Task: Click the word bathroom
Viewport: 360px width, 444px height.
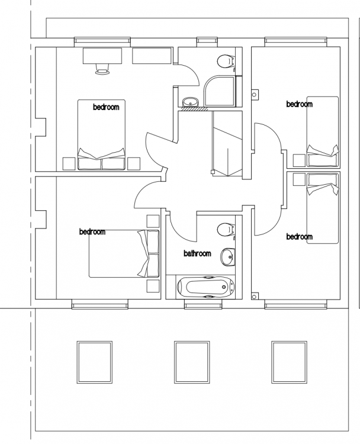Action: click(197, 253)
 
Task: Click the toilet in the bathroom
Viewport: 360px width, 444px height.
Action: click(226, 230)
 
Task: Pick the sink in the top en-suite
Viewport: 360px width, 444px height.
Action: click(190, 101)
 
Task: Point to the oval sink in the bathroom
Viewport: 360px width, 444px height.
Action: click(228, 257)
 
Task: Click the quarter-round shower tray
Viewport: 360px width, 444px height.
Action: click(220, 91)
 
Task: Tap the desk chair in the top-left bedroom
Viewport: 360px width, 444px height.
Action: click(102, 69)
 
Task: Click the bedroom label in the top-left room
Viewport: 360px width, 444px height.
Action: click(106, 107)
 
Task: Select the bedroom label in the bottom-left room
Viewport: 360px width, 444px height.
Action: click(92, 231)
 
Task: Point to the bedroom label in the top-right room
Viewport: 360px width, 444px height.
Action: click(300, 104)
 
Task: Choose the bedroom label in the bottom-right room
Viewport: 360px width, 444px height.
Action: click(300, 236)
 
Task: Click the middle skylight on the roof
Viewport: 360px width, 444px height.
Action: click(192, 362)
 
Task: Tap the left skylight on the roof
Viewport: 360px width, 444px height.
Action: click(95, 362)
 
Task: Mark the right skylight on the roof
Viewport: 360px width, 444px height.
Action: click(289, 362)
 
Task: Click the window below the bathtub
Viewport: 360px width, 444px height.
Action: click(203, 304)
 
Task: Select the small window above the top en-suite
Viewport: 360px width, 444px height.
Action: click(207, 41)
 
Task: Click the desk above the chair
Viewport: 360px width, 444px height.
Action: click(102, 56)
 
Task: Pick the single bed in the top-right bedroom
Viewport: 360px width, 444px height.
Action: click(323, 131)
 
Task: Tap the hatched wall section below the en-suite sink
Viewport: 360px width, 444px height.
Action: click(195, 109)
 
